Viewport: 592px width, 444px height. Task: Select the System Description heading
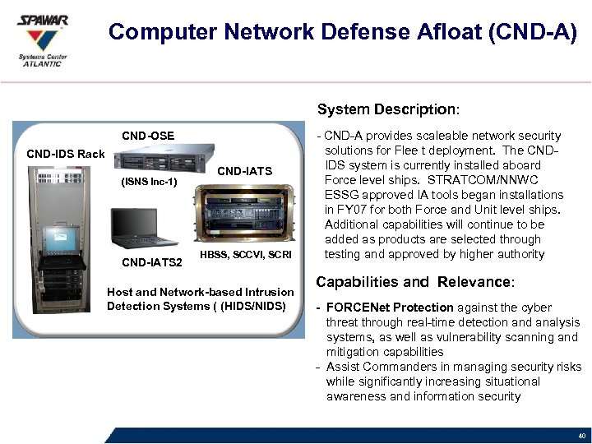[x=388, y=109]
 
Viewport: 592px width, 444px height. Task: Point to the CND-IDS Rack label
[x=66, y=154]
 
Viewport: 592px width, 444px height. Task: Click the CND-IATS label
[x=243, y=171]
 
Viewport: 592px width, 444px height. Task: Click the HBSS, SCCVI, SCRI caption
[x=245, y=255]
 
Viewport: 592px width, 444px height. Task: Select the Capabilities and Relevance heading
[x=415, y=282]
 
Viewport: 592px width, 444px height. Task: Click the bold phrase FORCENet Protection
[x=390, y=308]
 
